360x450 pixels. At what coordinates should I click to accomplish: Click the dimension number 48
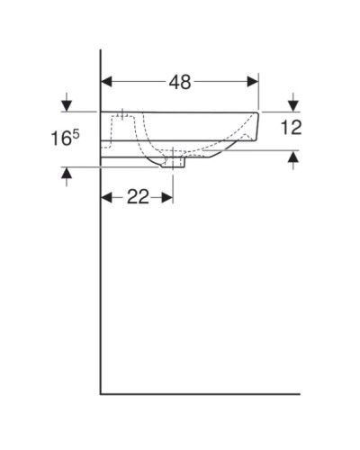179,82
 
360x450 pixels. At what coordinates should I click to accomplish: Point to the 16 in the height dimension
58,139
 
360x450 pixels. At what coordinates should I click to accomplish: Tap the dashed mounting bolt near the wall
120,119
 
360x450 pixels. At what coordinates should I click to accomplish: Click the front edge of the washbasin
259,126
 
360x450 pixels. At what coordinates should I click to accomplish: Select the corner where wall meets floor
101,393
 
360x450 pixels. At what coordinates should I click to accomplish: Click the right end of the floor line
299,393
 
